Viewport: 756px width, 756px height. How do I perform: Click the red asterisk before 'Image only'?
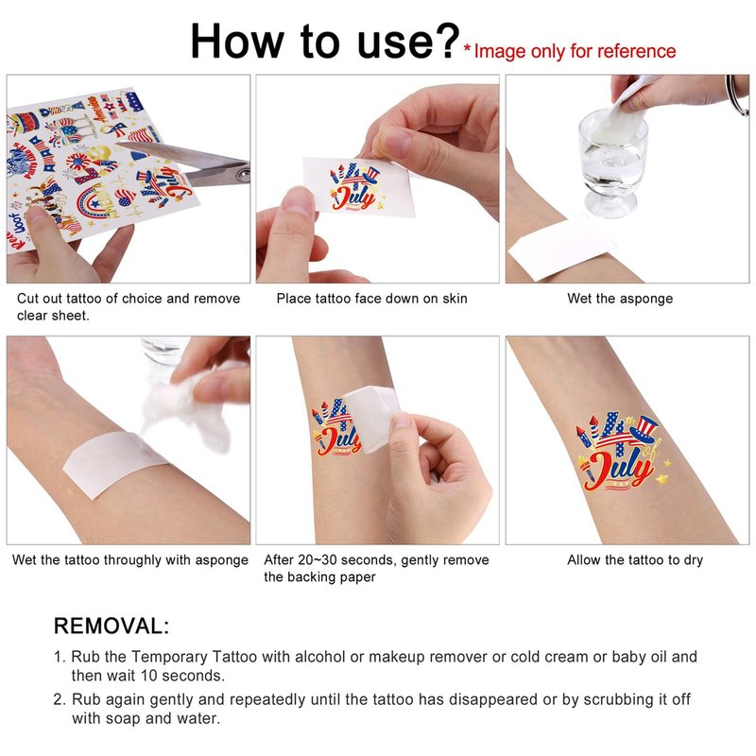467,48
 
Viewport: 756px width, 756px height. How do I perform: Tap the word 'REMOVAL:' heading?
112,626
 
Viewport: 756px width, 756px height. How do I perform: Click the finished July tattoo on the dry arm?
621,452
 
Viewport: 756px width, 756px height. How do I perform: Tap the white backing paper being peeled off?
370,418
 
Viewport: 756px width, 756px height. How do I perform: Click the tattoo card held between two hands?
359,187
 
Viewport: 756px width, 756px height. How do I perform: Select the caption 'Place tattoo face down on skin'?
371,299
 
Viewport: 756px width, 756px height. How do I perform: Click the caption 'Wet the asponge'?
620,299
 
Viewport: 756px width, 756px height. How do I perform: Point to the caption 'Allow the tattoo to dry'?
635,559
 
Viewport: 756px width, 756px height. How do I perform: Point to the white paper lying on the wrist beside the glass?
561,248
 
